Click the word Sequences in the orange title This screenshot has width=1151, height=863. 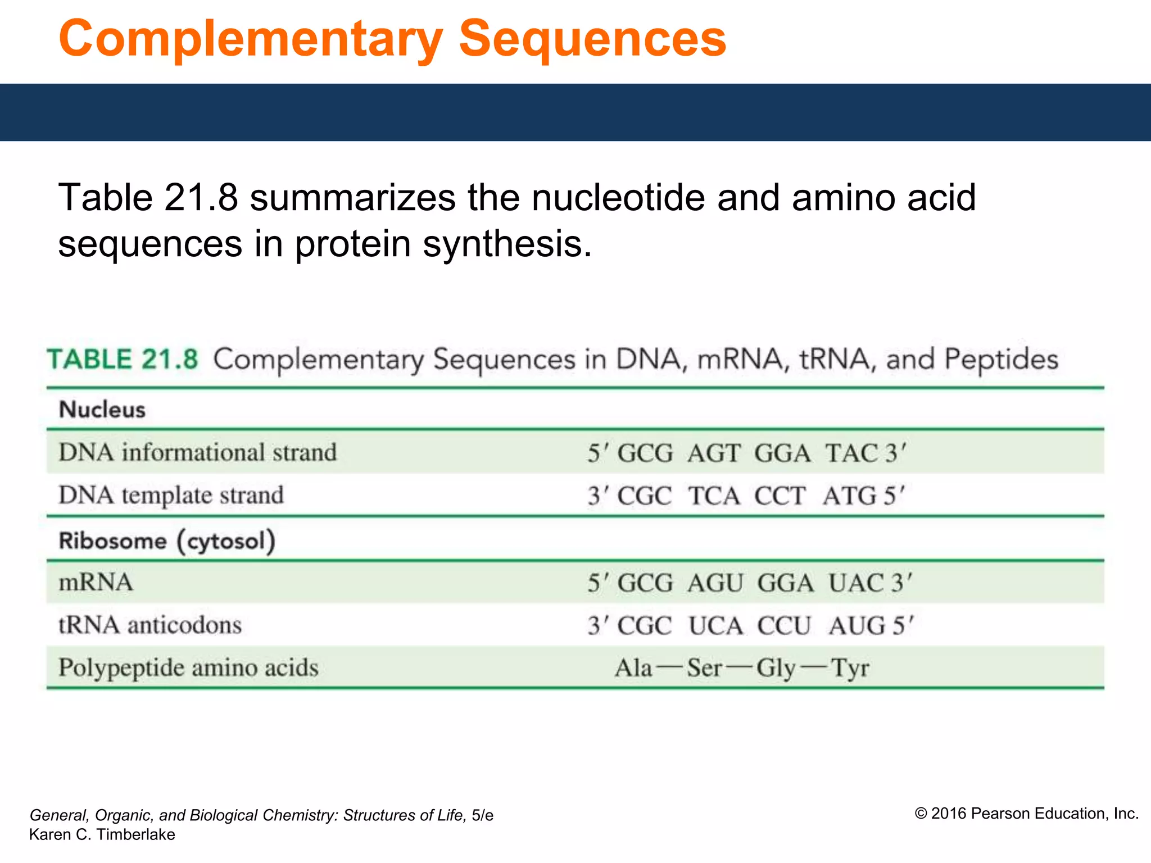[592, 39]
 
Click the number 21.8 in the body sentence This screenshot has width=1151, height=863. [201, 198]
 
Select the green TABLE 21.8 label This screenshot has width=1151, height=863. [123, 360]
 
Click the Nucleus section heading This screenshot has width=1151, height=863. [102, 410]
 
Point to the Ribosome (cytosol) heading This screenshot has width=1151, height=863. [167, 541]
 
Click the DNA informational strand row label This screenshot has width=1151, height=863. [197, 453]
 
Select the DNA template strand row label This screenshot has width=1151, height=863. [171, 496]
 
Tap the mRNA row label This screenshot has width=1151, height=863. [96, 583]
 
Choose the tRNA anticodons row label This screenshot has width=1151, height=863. [150, 625]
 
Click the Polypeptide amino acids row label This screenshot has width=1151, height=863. [188, 668]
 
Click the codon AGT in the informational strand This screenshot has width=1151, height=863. [714, 453]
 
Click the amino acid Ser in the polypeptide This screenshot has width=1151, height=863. [704, 669]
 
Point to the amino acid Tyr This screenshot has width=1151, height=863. [850, 669]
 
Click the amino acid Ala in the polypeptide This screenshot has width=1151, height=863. [633, 669]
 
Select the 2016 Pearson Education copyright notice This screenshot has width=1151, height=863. [1026, 814]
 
